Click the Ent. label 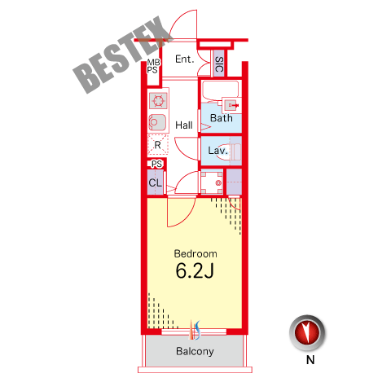pyautogui.click(x=185, y=59)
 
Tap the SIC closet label pyautogui.click(x=219, y=64)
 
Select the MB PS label pyautogui.click(x=154, y=66)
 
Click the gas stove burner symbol pyautogui.click(x=158, y=100)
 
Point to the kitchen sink pyautogui.click(x=157, y=122)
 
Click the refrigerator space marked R pyautogui.click(x=158, y=145)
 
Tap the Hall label pyautogui.click(x=184, y=125)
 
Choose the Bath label pyautogui.click(x=222, y=118)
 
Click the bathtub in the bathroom pyautogui.click(x=221, y=91)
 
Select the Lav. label pyautogui.click(x=217, y=151)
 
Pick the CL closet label pyautogui.click(x=156, y=182)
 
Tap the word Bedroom pyautogui.click(x=195, y=254)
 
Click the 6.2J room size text pyautogui.click(x=195, y=270)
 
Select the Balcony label pyautogui.click(x=195, y=351)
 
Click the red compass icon pyautogui.click(x=307, y=333)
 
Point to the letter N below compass pyautogui.click(x=310, y=360)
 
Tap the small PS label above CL pyautogui.click(x=156, y=164)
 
